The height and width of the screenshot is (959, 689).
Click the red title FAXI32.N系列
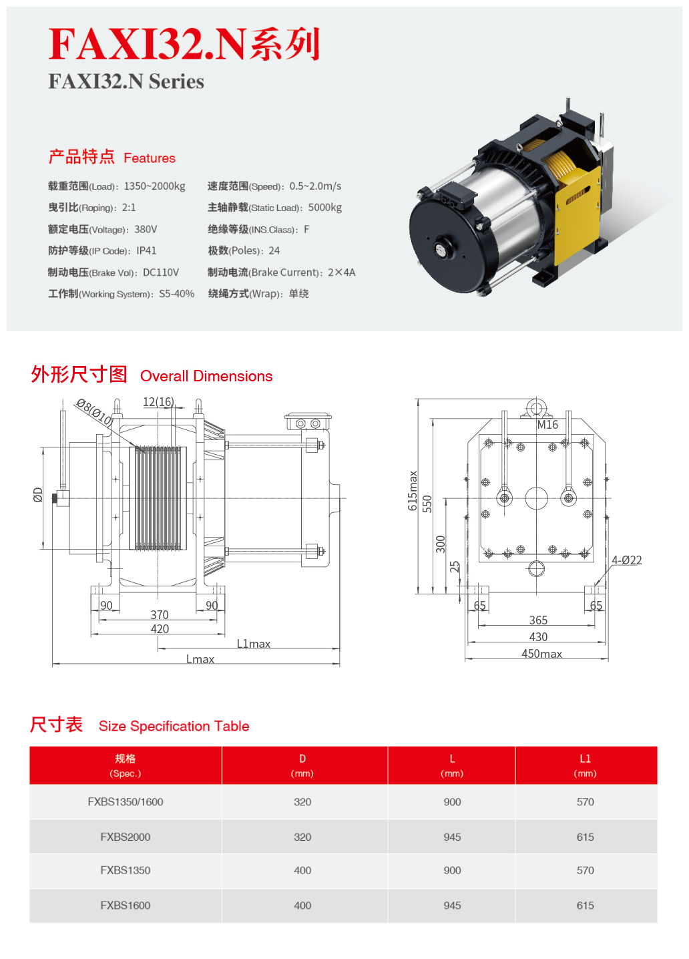click(x=184, y=44)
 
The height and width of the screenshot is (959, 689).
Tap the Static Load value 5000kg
click(x=325, y=208)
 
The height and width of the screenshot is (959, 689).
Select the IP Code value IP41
click(x=146, y=251)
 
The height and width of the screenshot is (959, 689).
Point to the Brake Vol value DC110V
click(x=161, y=272)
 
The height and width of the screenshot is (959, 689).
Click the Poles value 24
click(x=274, y=251)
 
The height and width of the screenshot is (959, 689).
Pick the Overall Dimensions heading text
click(x=206, y=377)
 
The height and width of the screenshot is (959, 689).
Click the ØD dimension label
click(x=38, y=495)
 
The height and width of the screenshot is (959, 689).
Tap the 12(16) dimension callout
click(x=158, y=402)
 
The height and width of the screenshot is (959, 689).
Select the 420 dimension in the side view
click(x=160, y=629)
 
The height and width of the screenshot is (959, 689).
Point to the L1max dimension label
click(x=254, y=644)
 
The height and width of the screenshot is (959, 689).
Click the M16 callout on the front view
click(x=547, y=425)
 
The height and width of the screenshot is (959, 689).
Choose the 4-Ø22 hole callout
click(x=627, y=560)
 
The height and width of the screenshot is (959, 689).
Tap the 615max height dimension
click(x=413, y=491)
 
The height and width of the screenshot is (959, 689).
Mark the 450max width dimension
click(x=541, y=654)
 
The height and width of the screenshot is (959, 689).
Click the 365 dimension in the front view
click(x=538, y=620)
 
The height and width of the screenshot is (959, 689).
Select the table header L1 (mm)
click(x=585, y=765)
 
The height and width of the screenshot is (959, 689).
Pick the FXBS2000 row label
click(x=126, y=837)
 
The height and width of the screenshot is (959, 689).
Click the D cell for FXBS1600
click(x=302, y=906)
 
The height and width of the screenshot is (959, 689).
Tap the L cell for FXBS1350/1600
click(x=452, y=802)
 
